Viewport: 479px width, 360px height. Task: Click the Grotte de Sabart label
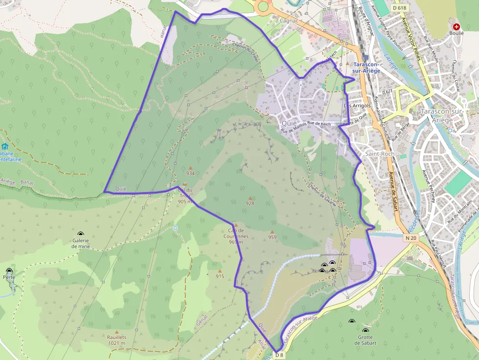pos(366,340)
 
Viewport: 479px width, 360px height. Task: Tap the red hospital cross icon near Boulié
pos(457,27)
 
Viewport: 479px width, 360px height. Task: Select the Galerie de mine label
pos(81,243)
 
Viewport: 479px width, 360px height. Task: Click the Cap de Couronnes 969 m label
pos(236,236)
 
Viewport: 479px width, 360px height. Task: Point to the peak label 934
pos(191,173)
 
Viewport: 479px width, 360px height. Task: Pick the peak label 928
pos(250,203)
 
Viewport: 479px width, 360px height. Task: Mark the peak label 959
pos(272,237)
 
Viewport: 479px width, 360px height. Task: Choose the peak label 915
pos(220,276)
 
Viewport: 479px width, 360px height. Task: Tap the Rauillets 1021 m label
pos(116,340)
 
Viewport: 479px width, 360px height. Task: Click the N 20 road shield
pos(411,238)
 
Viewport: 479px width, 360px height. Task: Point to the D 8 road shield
pos(279,355)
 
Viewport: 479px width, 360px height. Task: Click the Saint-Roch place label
pos(380,154)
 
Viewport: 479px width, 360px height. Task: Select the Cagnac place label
pos(289,21)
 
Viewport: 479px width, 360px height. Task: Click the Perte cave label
pos(9,277)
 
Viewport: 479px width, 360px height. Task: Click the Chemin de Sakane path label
pos(322,194)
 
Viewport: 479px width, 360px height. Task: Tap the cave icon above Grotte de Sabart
pos(366,331)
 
